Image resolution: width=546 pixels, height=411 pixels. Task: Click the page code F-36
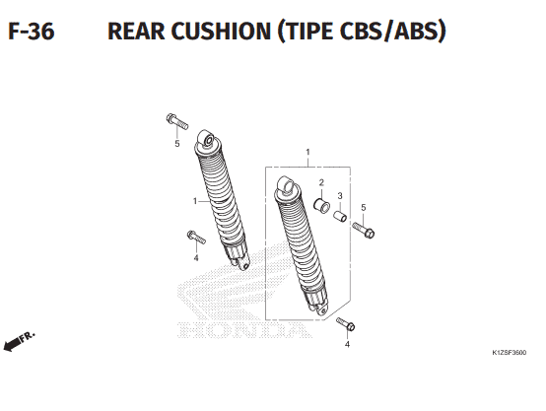coord(32,31)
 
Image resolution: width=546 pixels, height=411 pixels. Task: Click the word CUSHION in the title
coord(221,31)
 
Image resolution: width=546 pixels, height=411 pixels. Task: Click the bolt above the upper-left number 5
coord(177,121)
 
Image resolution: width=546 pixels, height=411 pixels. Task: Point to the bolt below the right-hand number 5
coord(364,231)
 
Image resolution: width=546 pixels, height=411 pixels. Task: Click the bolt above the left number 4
coord(196,238)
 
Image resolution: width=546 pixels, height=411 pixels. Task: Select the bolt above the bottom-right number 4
coord(346,324)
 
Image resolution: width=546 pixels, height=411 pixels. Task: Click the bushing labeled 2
coord(321,205)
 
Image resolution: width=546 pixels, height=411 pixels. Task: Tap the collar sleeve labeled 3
coord(340,216)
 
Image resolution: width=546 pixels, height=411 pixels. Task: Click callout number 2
coord(321,182)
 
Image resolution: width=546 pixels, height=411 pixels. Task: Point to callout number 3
coord(340,196)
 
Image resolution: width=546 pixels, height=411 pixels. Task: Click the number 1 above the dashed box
coord(307,152)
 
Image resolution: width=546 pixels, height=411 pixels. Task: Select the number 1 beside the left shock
coord(195,201)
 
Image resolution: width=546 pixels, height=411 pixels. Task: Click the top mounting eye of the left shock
coord(207,138)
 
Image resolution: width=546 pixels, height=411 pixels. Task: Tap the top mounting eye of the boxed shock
coord(287,184)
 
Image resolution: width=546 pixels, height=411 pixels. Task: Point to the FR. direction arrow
coord(19,341)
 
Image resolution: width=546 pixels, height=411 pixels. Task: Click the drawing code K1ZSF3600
coord(510,353)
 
